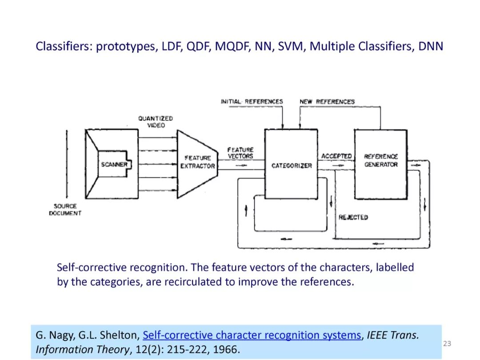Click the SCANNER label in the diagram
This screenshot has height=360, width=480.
coord(114,164)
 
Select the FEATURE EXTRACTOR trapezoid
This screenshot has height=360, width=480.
coord(197,162)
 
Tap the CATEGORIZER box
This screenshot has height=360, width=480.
coord(291,165)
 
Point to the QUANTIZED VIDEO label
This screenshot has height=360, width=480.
coord(155,122)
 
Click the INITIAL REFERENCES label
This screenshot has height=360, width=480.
coord(252,101)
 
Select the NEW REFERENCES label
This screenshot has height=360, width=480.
coord(327,101)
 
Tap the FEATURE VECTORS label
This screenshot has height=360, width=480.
coord(240,153)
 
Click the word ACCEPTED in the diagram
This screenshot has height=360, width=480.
coord(336,156)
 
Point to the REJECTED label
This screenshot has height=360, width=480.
coord(353,217)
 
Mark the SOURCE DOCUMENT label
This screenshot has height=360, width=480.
coord(65,210)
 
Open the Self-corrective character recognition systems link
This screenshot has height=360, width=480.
coord(252,335)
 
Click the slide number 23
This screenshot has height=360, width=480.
coord(447,343)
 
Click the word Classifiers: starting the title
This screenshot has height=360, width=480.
coord(64,46)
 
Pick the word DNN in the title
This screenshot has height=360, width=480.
coord(431,46)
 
